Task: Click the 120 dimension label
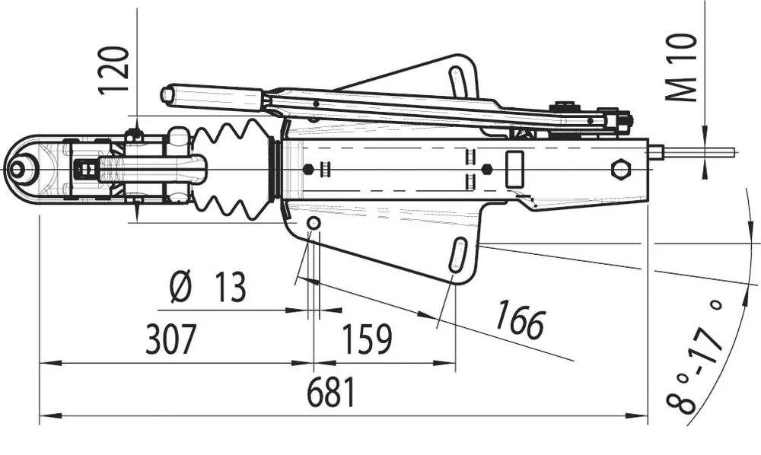click(116, 69)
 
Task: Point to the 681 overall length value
click(331, 393)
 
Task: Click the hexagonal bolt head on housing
click(620, 168)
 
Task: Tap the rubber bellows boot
click(231, 168)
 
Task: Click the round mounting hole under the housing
click(313, 222)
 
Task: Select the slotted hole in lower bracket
click(458, 255)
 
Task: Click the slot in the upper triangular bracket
click(459, 82)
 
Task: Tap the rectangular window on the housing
click(515, 169)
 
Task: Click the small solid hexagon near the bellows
click(307, 169)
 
